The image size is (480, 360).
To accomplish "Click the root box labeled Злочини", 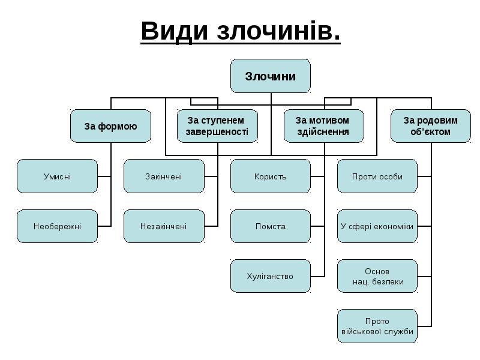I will pos(271,76).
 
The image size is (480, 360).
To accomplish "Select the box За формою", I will pos(110,126).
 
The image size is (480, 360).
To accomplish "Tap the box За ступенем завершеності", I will pos(217,126).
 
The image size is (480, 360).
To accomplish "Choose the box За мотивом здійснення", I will pos(324,126).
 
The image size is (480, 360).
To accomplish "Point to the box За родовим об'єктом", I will pos(430,126).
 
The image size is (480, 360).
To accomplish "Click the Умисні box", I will pos(57,176).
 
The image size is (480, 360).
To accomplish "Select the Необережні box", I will pos(57,226).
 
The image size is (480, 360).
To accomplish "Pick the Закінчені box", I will pos(164,176).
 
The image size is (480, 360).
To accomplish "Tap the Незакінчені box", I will pos(164,226).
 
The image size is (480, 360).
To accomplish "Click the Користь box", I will pos(271,176).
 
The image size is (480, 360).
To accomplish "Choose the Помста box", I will pos(271,226).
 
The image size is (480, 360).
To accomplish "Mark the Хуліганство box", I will pos(271,276).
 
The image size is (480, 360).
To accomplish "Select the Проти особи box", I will pos(377,176).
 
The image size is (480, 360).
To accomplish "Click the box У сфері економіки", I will pos(377,226).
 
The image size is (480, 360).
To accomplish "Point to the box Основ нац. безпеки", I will pos(377,276).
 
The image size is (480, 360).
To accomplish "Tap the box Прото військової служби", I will pos(377,326).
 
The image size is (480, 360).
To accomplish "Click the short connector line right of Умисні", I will pos(104,176).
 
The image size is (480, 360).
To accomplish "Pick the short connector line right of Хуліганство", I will pos(317,276).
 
